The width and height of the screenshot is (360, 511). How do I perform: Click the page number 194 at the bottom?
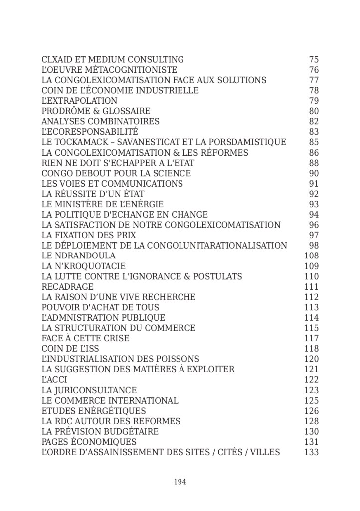click(180, 482)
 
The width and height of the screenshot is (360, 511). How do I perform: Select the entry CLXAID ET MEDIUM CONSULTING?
click(113, 60)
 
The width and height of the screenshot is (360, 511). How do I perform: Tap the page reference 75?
click(314, 60)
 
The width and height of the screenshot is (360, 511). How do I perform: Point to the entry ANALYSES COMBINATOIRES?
click(100, 122)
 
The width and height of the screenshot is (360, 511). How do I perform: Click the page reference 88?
click(314, 163)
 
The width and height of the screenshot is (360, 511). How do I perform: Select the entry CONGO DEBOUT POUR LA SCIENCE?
click(116, 173)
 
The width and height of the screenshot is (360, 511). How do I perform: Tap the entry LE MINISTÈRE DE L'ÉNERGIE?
click(102, 204)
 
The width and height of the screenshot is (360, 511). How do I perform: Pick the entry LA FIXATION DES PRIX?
click(89, 235)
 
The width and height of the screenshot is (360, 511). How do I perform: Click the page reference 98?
click(314, 246)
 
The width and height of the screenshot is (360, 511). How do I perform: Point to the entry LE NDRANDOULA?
click(71, 256)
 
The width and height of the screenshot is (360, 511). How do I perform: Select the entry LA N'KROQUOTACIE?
click(84, 266)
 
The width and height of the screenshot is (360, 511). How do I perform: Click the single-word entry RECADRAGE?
click(67, 287)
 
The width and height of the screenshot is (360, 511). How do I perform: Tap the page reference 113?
click(311, 307)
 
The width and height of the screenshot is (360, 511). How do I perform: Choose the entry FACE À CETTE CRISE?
click(85, 338)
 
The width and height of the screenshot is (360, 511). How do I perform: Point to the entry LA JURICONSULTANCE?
click(89, 390)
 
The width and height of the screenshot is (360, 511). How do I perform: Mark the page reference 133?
click(311, 452)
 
